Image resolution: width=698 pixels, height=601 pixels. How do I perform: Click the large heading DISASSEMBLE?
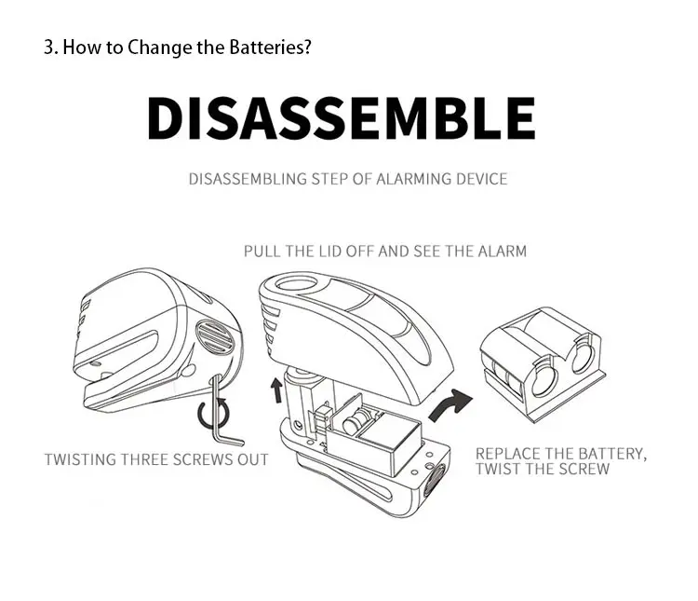pyautogui.click(x=341, y=118)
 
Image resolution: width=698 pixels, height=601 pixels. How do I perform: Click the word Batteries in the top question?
pyautogui.click(x=270, y=48)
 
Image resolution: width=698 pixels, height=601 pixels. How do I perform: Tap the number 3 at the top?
pyautogui.click(x=48, y=48)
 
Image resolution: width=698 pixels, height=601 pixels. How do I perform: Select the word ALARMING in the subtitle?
pyautogui.click(x=408, y=179)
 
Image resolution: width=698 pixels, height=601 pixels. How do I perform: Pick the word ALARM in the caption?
pyautogui.click(x=503, y=251)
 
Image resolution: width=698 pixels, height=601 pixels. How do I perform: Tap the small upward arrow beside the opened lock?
pyautogui.click(x=277, y=390)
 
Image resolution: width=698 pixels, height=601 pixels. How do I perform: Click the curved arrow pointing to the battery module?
pyautogui.click(x=450, y=404)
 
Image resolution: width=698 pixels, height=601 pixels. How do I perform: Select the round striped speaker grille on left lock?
pyautogui.click(x=215, y=337)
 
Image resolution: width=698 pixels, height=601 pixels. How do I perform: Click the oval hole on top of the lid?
pyautogui.click(x=297, y=284)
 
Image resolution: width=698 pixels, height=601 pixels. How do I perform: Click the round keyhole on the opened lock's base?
pyautogui.click(x=435, y=481)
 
